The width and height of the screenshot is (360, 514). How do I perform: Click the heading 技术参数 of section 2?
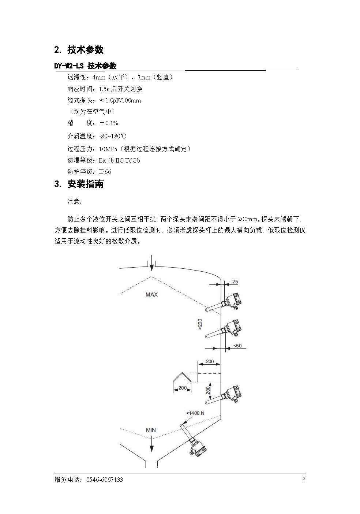[85, 50]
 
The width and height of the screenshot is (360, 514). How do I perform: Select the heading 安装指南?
[85, 184]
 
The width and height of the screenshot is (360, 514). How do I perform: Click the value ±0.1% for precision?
[109, 123]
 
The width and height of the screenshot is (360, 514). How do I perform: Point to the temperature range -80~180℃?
[113, 136]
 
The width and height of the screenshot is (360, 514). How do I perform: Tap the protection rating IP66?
[105, 172]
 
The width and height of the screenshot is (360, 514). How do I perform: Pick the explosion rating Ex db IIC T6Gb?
[119, 160]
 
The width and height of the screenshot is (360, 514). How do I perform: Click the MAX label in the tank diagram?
[151, 294]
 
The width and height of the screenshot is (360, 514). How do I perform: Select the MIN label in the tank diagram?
[151, 430]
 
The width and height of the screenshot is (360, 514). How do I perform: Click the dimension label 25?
[235, 282]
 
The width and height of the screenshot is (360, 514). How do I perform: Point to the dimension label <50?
[237, 346]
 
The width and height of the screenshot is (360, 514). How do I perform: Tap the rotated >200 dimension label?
[200, 324]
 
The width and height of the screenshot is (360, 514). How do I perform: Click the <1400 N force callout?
[195, 413]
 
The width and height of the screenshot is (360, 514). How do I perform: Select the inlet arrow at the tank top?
[151, 263]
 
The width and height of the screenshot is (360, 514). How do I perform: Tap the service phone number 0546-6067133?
[105, 480]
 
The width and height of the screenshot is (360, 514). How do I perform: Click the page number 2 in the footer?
[304, 479]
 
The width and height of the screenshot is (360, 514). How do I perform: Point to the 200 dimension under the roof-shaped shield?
[183, 388]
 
